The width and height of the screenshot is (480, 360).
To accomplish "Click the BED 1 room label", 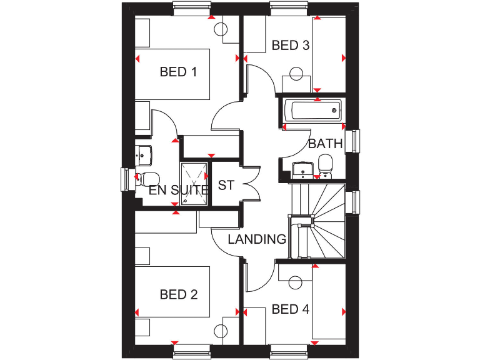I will [x=178, y=72].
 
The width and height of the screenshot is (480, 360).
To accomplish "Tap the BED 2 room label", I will [x=178, y=294].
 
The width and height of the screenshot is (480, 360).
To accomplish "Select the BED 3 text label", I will [x=291, y=45].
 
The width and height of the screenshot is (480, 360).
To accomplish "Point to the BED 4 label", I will [x=291, y=309].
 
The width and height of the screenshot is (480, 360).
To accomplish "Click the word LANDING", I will [x=257, y=239].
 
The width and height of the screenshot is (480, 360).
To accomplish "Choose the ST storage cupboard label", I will [x=226, y=185].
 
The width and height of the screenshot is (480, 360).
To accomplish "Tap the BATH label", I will [x=326, y=144].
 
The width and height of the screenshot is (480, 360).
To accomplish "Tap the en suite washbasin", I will [x=144, y=153].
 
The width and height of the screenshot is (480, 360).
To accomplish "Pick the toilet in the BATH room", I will [x=325, y=166].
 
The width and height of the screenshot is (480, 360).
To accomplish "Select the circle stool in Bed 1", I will [x=221, y=29].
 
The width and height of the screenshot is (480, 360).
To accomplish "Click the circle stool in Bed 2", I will [x=221, y=331].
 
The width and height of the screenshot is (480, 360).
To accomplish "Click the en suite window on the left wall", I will [x=125, y=178].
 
